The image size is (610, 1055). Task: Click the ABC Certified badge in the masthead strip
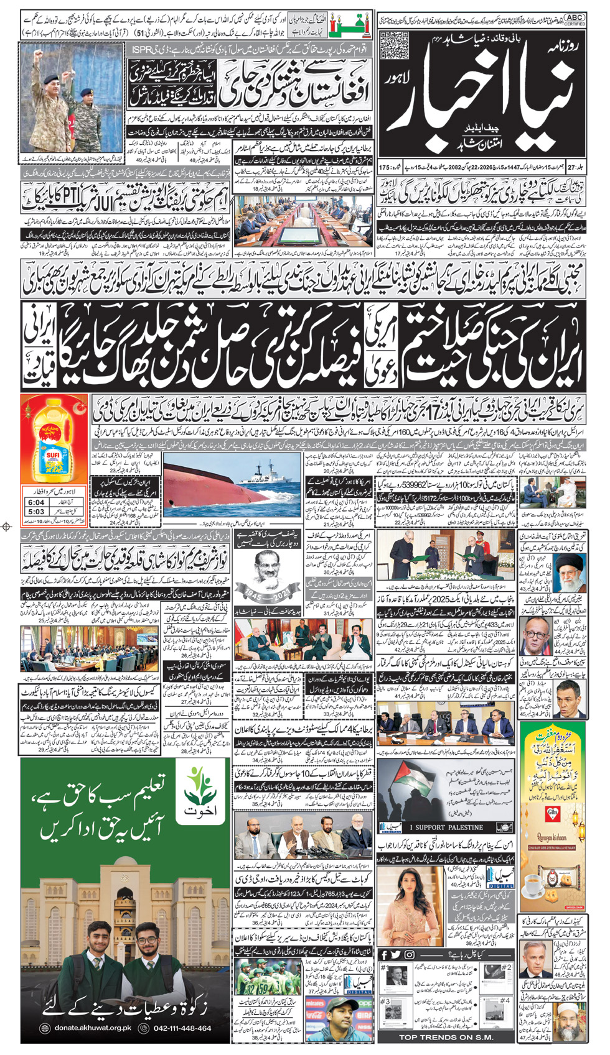click(575, 19)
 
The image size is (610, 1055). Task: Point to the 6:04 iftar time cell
click(36, 502)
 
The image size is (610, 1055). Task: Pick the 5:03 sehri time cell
click(36, 512)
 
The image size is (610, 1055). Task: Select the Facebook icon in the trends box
click(384, 955)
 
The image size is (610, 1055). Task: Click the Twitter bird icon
click(396, 955)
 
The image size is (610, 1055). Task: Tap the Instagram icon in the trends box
click(410, 955)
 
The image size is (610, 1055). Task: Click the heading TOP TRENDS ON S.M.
click(446, 1037)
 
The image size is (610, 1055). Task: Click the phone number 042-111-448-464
click(182, 1028)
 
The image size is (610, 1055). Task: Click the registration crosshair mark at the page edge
click(7, 527)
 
